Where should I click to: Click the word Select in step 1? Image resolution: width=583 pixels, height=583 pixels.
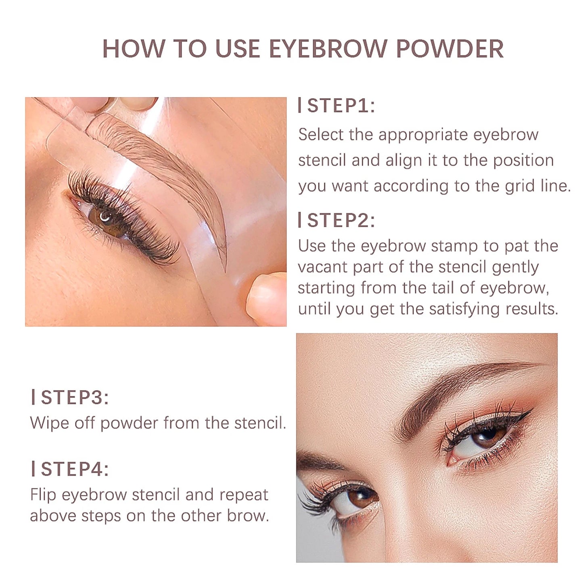coord(321,134)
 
